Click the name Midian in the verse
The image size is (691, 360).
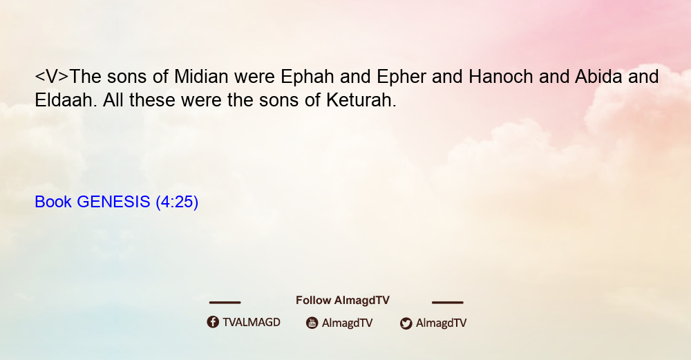click(x=201, y=77)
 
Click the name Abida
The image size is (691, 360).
click(x=598, y=77)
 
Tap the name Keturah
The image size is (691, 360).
click(x=361, y=100)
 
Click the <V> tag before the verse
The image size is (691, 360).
click(x=52, y=77)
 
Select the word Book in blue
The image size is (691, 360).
click(x=53, y=202)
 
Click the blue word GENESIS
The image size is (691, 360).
click(x=113, y=202)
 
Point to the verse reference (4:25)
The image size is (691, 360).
click(x=177, y=202)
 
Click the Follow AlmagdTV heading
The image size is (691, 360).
click(x=343, y=301)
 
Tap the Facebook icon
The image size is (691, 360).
click(x=213, y=322)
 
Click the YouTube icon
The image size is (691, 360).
click(x=312, y=323)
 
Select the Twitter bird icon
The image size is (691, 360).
click(x=406, y=323)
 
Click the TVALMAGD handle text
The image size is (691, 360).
click(x=252, y=323)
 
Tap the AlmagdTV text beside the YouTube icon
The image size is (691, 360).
click(x=348, y=323)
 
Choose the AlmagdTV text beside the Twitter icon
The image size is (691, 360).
click(x=441, y=323)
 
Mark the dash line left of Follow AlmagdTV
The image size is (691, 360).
click(x=225, y=302)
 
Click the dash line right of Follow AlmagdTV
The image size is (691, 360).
click(x=447, y=302)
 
